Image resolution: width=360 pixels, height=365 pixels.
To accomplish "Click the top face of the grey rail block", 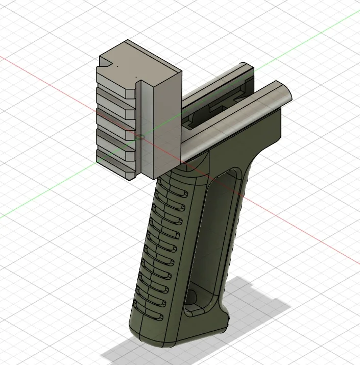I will click(x=140, y=61).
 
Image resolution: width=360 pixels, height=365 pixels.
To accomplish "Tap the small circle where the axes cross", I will click(x=137, y=137).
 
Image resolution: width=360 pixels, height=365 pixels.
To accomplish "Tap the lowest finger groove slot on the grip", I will click(x=153, y=314).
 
